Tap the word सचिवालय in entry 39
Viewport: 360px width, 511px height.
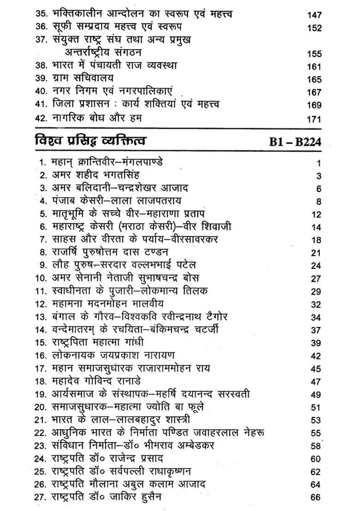88,79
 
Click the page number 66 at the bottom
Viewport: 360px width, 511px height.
316,497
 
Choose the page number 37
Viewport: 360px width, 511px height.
316,330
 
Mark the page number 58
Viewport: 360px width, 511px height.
316,446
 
